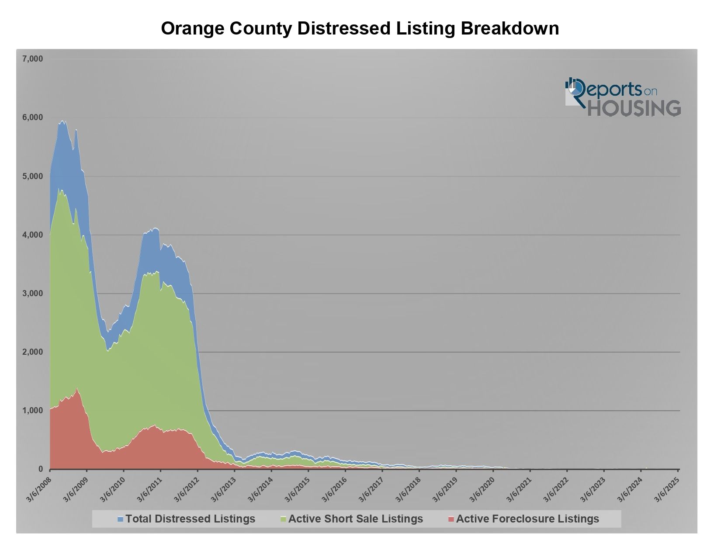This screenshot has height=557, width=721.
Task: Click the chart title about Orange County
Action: [x=360, y=28]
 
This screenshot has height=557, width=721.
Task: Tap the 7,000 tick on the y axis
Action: [x=32, y=59]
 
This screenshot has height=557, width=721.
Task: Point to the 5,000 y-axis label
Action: [x=32, y=176]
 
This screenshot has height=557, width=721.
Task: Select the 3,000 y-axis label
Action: [x=32, y=294]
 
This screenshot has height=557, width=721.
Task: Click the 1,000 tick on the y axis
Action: [x=32, y=411]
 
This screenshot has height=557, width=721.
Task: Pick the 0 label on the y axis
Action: [x=40, y=469]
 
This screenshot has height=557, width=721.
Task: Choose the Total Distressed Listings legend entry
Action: [x=190, y=519]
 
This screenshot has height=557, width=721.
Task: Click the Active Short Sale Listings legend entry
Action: [x=356, y=519]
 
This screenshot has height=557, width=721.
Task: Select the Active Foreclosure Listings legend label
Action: [x=527, y=519]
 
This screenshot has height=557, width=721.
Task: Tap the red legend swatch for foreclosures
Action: [x=451, y=519]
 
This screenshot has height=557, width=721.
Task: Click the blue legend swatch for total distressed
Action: [x=121, y=519]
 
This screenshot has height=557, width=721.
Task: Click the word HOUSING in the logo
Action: [x=634, y=108]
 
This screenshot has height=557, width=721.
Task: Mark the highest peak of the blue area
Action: [x=63, y=121]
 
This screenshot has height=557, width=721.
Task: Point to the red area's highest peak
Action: [x=77, y=388]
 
